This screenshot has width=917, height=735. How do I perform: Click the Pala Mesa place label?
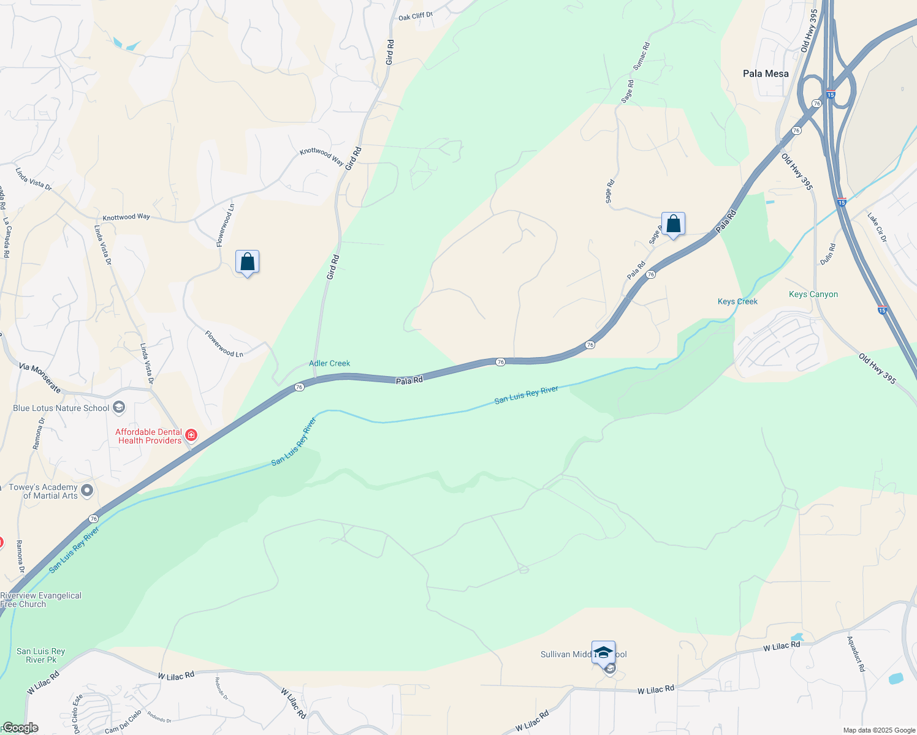click(x=766, y=73)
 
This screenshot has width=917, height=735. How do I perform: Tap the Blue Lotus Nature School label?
click(x=61, y=408)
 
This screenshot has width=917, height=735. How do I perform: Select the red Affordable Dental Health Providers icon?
click(x=191, y=435)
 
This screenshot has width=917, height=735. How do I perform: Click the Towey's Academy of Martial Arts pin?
click(x=87, y=490)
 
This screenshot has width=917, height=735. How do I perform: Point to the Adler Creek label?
click(x=329, y=363)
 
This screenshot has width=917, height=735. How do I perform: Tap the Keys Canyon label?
click(x=813, y=295)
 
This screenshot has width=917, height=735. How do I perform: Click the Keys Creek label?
click(x=737, y=301)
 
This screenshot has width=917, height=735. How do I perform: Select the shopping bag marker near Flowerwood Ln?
click(x=247, y=262)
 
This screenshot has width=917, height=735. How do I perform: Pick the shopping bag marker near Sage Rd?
click(x=673, y=224)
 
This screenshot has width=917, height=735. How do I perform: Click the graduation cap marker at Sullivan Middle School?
click(x=603, y=652)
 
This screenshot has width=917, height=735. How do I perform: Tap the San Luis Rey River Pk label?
click(x=40, y=655)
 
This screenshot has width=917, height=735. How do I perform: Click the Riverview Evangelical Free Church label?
click(x=40, y=600)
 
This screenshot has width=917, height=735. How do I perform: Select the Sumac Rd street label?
click(x=641, y=56)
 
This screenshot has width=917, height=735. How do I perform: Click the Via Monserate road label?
click(x=40, y=378)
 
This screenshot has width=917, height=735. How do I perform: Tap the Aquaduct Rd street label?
click(x=856, y=654)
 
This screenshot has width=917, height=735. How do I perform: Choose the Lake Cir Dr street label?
click(x=876, y=227)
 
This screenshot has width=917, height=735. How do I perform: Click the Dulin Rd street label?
click(x=828, y=254)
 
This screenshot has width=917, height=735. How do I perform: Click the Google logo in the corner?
click(x=20, y=728)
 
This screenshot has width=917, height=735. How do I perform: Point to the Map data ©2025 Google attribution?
click(x=879, y=730)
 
